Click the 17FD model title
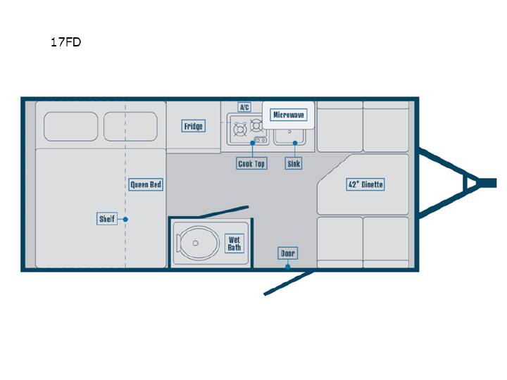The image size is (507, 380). click(65, 42)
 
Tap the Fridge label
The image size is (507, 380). click(194, 126)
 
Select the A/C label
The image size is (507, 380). click(244, 107)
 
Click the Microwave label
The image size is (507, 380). click(289, 115)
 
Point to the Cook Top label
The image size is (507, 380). click(251, 163)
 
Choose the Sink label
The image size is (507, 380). click(294, 163)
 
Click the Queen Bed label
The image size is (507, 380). click(146, 184)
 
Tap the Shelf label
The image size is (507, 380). click(107, 219)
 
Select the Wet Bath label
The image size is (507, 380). click(234, 243)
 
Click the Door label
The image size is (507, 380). click(287, 253)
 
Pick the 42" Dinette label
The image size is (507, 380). click(365, 184)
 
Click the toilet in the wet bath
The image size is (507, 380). click(196, 243)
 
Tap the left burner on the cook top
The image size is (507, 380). click(240, 130)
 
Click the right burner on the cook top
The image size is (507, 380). click(257, 125)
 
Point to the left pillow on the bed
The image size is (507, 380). click(70, 127)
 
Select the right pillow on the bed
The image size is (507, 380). click(130, 127)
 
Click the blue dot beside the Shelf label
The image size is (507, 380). click(125, 220)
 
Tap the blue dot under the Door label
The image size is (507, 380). click(287, 267)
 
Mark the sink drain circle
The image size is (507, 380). click(289, 132)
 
